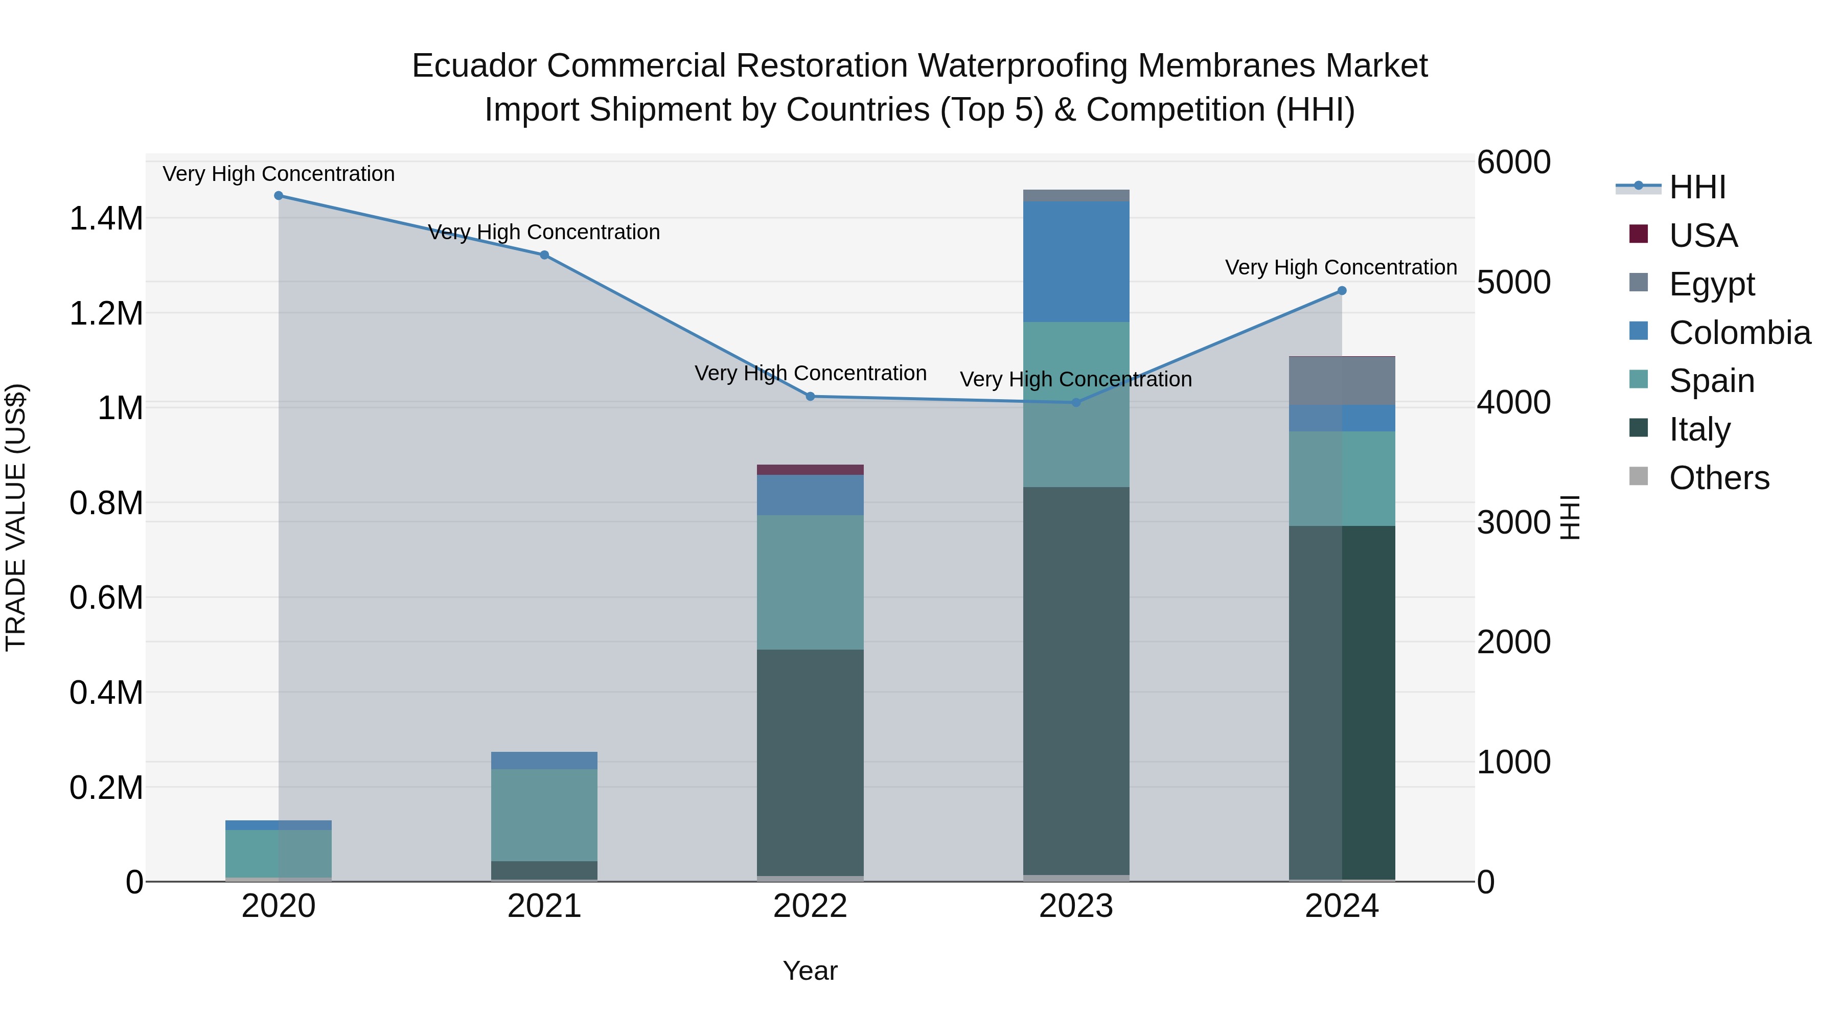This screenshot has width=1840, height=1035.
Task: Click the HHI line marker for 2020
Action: [279, 196]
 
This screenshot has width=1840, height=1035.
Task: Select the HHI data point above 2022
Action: [810, 397]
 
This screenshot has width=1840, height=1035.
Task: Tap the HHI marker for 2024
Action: [1342, 291]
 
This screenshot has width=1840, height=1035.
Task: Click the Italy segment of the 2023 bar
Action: [1076, 679]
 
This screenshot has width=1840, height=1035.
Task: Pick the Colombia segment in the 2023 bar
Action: [1076, 261]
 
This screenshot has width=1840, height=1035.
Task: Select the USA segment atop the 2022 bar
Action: [810, 470]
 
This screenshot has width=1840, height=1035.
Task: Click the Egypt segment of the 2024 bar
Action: [1342, 381]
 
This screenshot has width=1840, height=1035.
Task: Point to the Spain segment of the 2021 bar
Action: [544, 814]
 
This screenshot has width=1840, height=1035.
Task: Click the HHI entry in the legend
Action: [1697, 187]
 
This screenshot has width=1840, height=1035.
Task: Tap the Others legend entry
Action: [1718, 478]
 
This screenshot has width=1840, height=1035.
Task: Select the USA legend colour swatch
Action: [1639, 234]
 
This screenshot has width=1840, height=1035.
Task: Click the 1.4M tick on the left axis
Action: [106, 219]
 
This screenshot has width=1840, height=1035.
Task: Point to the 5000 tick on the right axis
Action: [1513, 282]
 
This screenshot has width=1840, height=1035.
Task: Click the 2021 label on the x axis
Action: [544, 906]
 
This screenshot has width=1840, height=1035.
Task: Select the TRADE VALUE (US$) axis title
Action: [16, 517]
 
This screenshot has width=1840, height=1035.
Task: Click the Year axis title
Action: [810, 971]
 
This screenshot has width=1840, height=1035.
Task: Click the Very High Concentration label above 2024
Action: [1341, 267]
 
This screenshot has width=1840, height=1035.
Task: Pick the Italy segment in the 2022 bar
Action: [810, 761]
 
